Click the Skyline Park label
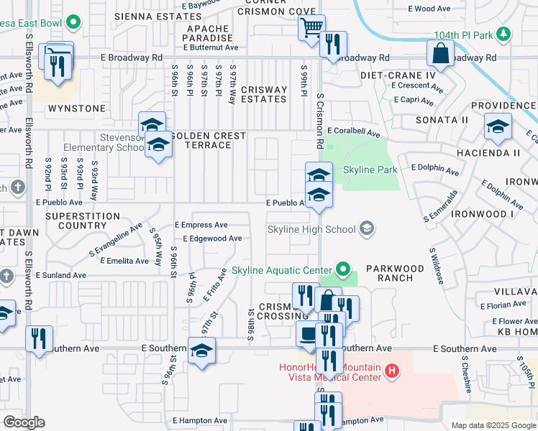[371, 170]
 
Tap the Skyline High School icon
[367, 229]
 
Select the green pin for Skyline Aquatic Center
[344, 272]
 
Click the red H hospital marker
[392, 371]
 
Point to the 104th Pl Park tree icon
[505, 34]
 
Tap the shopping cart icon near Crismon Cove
[311, 27]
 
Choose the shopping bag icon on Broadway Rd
[439, 53]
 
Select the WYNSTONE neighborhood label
[76, 108]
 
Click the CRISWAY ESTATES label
[264, 94]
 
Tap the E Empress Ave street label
[201, 225]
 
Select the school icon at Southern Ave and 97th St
[201, 351]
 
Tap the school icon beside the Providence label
[497, 127]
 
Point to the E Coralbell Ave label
[352, 132]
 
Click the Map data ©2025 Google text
[493, 425]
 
